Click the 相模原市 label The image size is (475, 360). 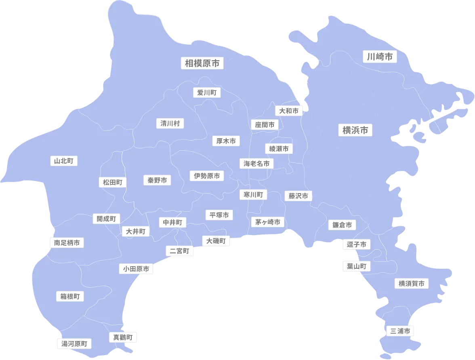tap(202, 63)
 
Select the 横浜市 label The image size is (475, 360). tap(355, 130)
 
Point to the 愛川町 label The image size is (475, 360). tap(206, 93)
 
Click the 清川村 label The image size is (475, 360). tap(170, 123)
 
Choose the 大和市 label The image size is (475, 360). tap(289, 111)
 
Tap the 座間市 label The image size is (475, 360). tap(265, 125)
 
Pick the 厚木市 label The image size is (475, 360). tap(226, 141)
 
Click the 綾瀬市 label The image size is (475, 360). tap(279, 149)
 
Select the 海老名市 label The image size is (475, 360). tap(256, 164)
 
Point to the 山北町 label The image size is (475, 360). tap(64, 161)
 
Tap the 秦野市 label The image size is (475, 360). tap(157, 180)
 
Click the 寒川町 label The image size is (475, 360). tap(253, 195)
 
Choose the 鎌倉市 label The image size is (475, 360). tap(342, 225)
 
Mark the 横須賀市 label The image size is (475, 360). tap(411, 284)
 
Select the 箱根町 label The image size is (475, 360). tap(70, 297)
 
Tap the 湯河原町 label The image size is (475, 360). tap(74, 344)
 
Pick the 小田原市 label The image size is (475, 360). tap(136, 269)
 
